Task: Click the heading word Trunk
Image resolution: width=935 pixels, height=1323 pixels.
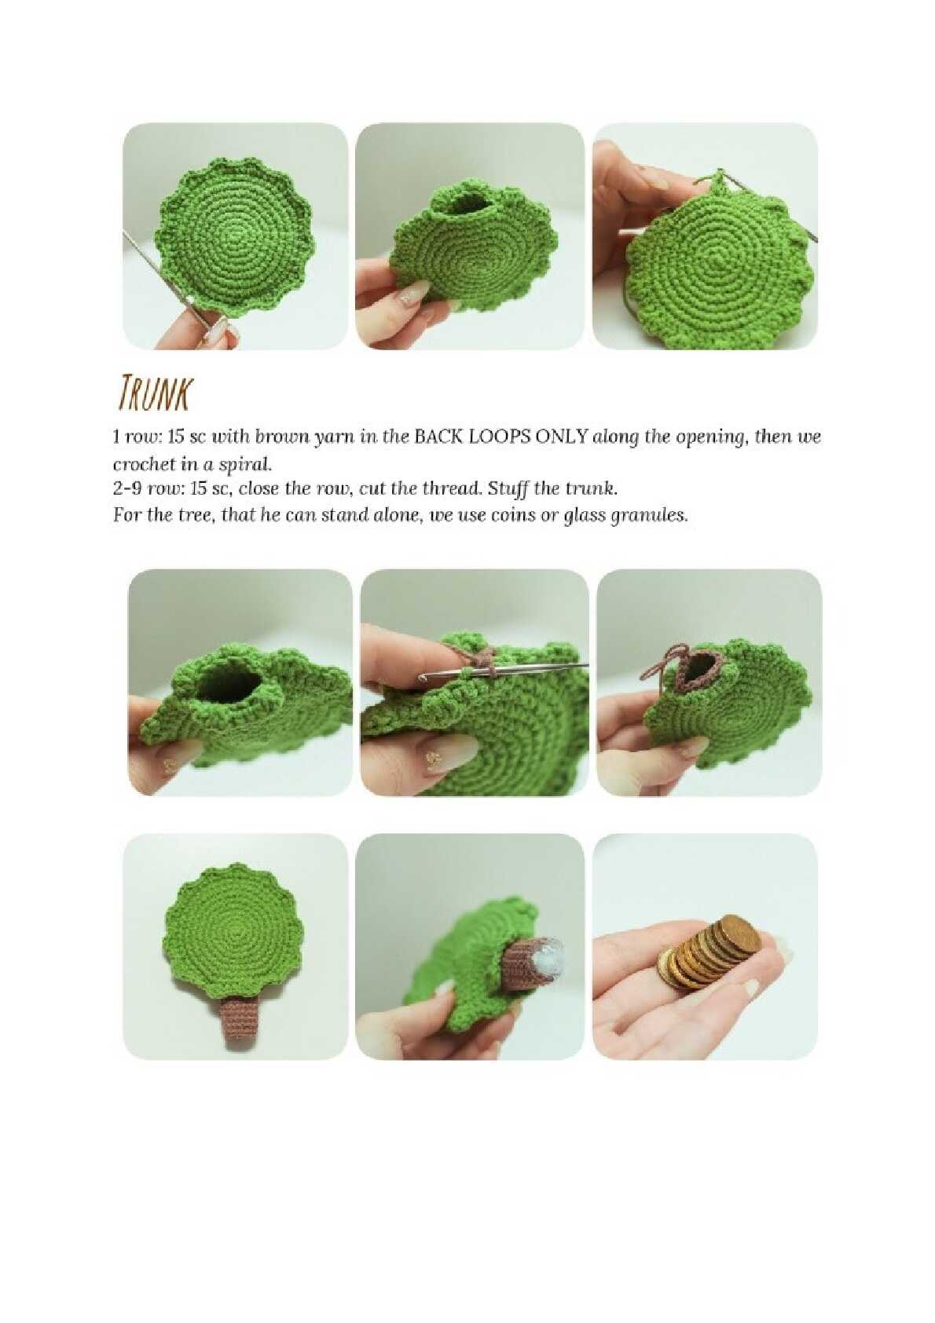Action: tap(153, 391)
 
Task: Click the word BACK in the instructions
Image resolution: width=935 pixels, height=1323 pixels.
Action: tap(435, 437)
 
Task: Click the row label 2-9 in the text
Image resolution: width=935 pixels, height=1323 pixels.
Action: tap(125, 490)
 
